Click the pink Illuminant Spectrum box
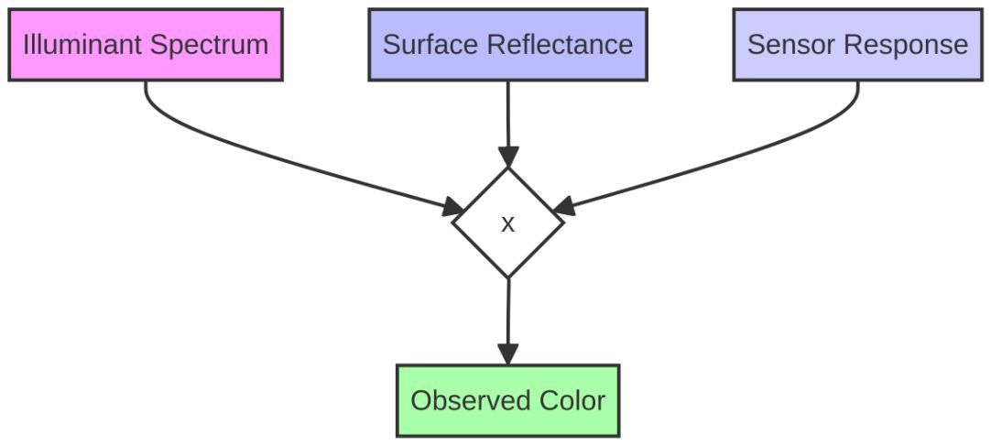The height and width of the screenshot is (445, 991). (146, 45)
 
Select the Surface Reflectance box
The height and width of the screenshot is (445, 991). (507, 45)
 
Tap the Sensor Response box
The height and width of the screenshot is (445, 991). (858, 45)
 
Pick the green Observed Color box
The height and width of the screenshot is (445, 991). (507, 400)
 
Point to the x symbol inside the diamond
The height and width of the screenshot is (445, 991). (507, 223)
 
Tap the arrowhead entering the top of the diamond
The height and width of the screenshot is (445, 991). (507, 157)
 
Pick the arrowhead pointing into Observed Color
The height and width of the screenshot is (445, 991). (507, 353)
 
